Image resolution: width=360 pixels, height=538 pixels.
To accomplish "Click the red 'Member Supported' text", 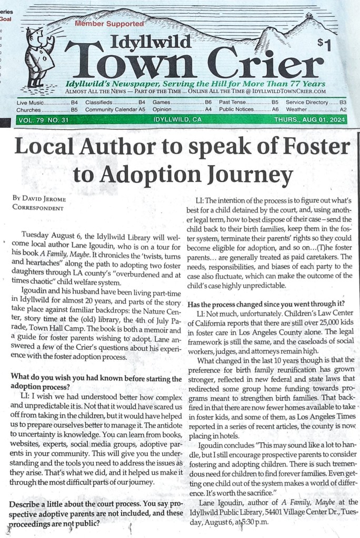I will [109, 24].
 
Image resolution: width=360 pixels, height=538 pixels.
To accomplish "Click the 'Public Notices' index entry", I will [235, 109].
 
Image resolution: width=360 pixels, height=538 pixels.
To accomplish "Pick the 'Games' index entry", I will [161, 101].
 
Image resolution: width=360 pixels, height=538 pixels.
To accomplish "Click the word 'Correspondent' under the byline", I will [37, 208].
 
